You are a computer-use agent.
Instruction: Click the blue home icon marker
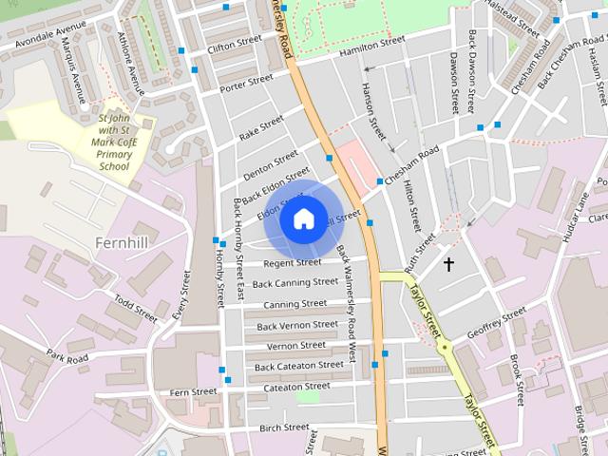303,218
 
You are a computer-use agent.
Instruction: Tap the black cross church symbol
448,264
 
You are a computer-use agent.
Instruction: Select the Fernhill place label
122,242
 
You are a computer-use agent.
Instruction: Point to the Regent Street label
292,263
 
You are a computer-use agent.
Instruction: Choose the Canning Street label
294,304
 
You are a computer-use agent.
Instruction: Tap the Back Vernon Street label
297,325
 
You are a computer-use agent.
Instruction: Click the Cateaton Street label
296,387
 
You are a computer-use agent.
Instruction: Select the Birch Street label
284,427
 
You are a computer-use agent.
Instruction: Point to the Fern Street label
193,391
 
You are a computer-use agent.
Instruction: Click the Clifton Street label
234,45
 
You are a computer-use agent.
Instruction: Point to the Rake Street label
261,128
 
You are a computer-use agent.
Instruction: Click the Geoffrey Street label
496,323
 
